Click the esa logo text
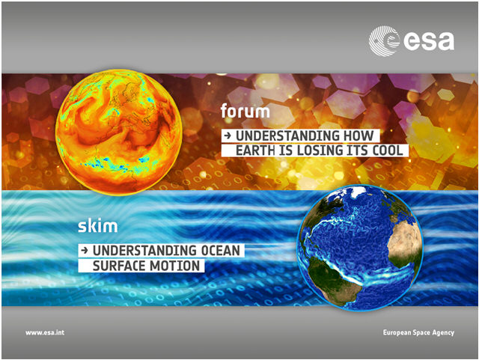pyautogui.click(x=429, y=41)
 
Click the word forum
pyautogui.click(x=245, y=111)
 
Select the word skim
pyautogui.click(x=98, y=226)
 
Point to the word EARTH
pyautogui.click(x=256, y=150)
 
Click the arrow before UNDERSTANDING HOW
pyautogui.click(x=228, y=135)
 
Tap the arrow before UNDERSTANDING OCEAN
pyautogui.click(x=85, y=251)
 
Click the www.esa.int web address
pyautogui.click(x=45, y=332)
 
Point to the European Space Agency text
pyautogui.click(x=418, y=332)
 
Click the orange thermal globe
pyautogui.click(x=119, y=132)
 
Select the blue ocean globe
pyautogui.click(x=360, y=248)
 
